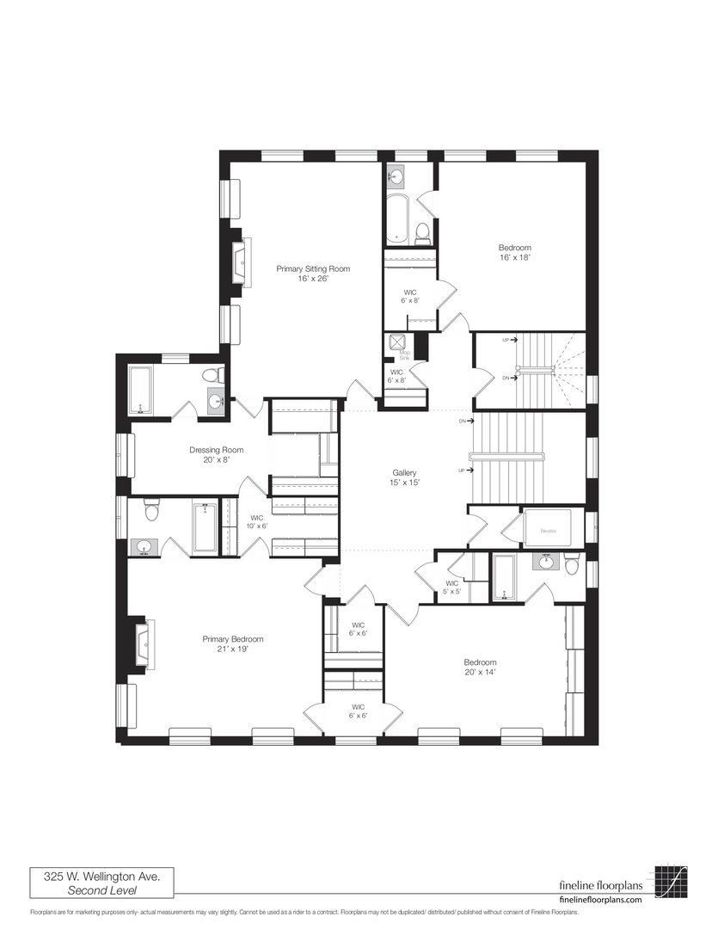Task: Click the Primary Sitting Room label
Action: coord(313,274)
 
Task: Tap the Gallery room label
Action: coord(404,478)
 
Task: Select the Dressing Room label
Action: coord(216,455)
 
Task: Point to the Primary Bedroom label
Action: coord(232,644)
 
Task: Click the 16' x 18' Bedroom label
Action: coord(514,252)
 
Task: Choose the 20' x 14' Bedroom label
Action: coord(480,667)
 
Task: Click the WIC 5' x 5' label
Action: coord(451,587)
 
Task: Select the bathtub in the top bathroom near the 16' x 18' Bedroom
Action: coord(397,218)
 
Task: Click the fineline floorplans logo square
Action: coord(672,883)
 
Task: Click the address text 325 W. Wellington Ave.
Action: coord(101,877)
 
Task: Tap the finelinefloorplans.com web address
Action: coord(600,898)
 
